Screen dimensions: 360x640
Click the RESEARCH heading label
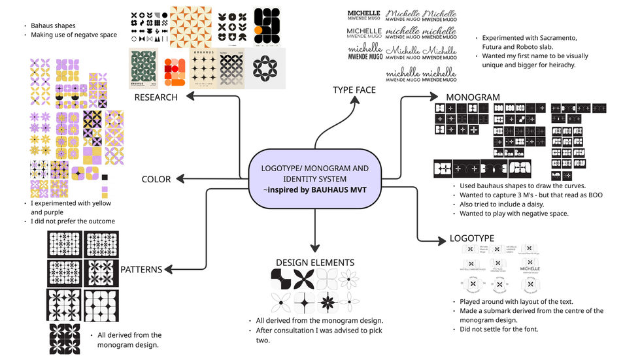pyautogui.click(x=156, y=97)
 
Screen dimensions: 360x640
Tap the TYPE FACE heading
pyautogui.click(x=354, y=90)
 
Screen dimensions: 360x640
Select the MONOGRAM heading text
pyautogui.click(x=473, y=97)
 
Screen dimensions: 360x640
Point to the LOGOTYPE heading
pyautogui.click(x=471, y=238)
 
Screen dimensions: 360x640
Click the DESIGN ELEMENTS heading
pyautogui.click(x=315, y=263)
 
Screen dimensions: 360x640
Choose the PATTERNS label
pyautogui.click(x=141, y=269)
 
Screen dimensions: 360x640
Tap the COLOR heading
pyautogui.click(x=156, y=179)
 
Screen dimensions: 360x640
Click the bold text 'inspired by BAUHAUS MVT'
pyautogui.click(x=316, y=190)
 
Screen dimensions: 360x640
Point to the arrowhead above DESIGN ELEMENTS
pyautogui.click(x=315, y=250)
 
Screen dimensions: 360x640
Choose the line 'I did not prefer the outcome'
pyautogui.click(x=73, y=221)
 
